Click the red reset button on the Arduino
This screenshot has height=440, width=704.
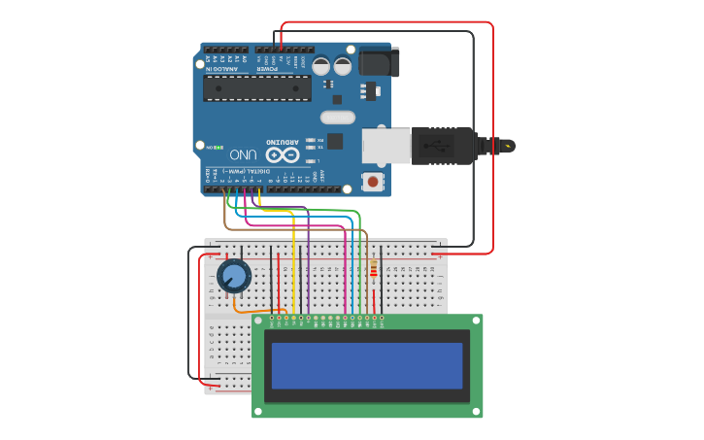pyautogui.click(x=372, y=181)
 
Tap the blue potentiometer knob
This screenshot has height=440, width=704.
pyautogui.click(x=234, y=277)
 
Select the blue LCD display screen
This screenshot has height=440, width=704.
pyautogui.click(x=367, y=365)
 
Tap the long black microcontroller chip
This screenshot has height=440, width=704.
pyautogui.click(x=257, y=87)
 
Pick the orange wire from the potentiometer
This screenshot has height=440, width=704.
pyautogui.click(x=254, y=310)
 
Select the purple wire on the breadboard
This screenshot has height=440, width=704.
pyautogui.click(x=308, y=272)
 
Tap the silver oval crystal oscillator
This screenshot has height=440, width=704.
pyautogui.click(x=337, y=118)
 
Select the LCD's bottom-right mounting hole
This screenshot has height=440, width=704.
pyautogui.click(x=476, y=411)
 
